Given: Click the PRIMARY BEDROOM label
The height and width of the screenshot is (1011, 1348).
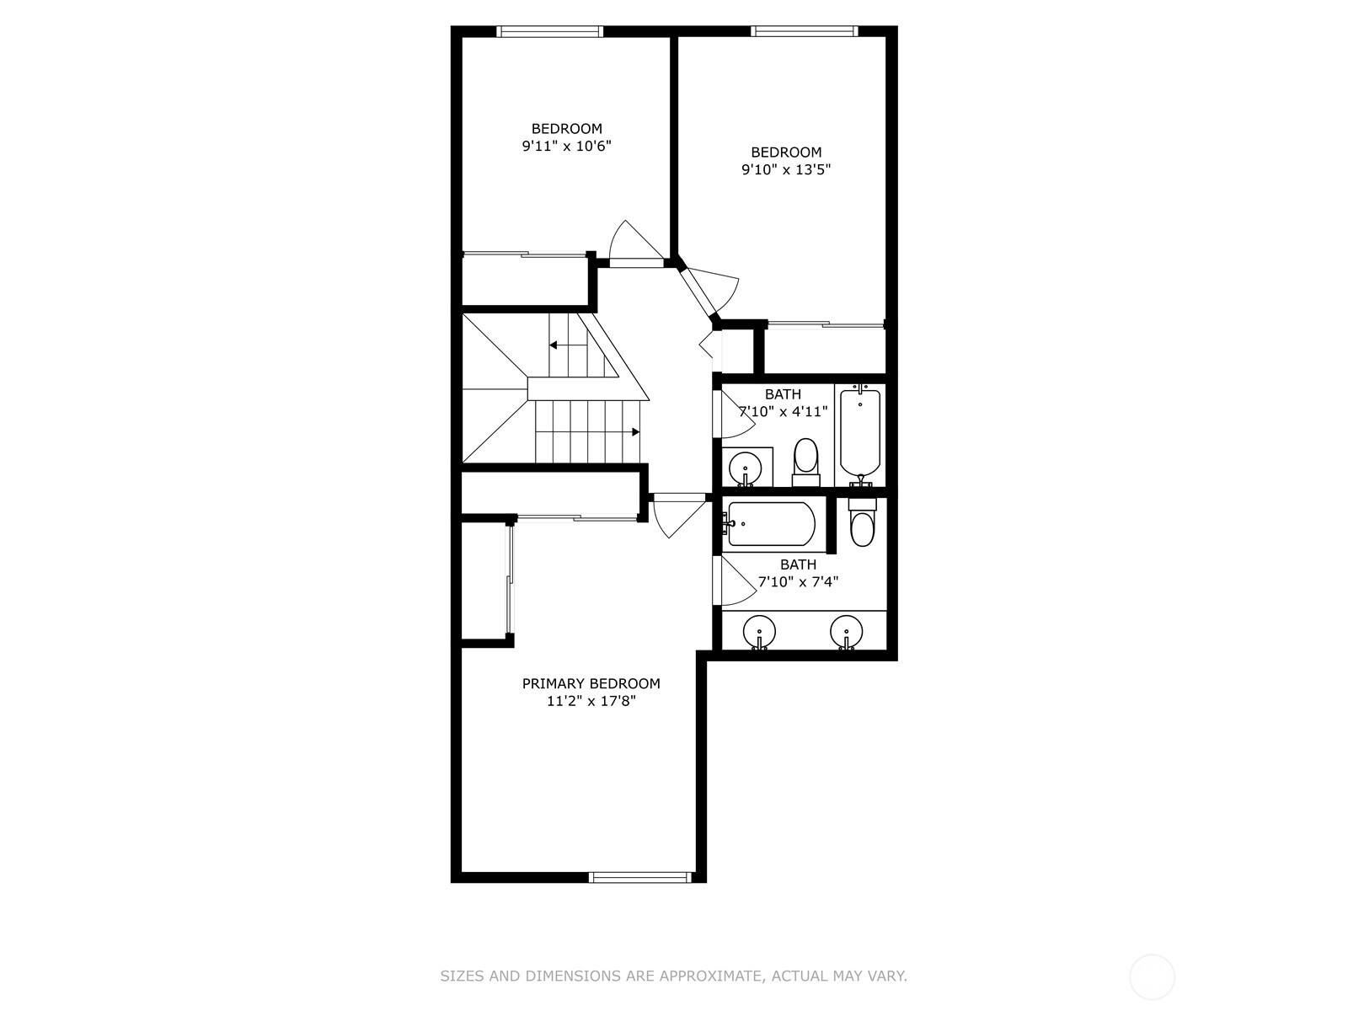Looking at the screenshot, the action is [591, 683].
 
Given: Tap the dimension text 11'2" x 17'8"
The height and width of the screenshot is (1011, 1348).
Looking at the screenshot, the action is [591, 701].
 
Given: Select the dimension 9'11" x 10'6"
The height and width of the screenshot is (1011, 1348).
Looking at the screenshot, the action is [566, 146].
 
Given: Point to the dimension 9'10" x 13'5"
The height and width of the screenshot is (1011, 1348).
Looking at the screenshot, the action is [786, 169].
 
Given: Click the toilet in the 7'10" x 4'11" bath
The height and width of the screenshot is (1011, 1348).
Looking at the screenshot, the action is [805, 463].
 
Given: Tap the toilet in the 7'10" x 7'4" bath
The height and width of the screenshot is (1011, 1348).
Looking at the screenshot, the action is [862, 522].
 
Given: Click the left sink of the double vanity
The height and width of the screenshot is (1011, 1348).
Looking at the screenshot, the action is [759, 632].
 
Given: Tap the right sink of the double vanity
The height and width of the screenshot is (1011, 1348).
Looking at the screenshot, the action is [846, 632].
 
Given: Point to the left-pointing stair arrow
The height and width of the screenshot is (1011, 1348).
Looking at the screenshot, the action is [568, 345].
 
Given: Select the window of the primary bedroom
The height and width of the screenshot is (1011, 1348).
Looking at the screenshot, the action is [640, 877].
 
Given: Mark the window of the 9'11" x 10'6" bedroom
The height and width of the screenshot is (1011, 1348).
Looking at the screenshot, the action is [549, 31].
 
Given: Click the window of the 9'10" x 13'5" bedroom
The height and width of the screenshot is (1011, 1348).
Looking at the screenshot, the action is [804, 31].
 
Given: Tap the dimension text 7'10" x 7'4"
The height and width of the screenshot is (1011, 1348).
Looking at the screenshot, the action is [799, 582].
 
